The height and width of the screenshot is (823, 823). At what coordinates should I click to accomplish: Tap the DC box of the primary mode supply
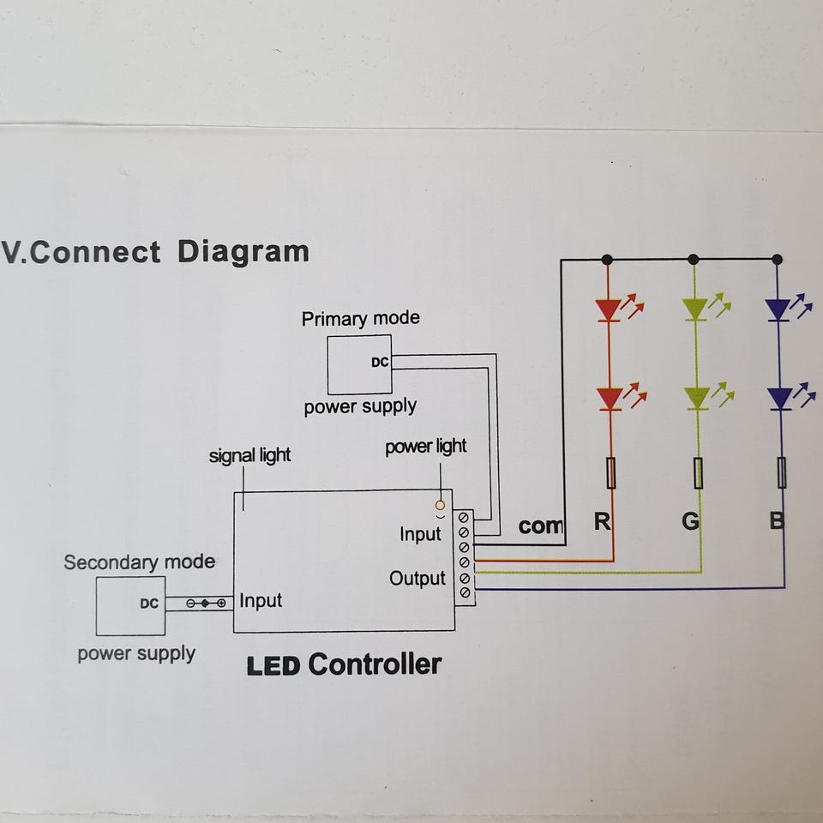point(359,363)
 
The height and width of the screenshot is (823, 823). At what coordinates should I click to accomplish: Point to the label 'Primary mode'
point(360,319)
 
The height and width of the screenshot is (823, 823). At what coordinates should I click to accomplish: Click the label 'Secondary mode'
point(139,562)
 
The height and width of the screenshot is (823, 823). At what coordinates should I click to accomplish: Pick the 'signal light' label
point(249,455)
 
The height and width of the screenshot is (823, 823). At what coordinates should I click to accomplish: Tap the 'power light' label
point(425,447)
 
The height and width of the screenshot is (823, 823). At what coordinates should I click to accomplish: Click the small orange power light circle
point(441,506)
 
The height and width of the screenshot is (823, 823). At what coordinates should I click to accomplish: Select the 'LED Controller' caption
point(344,664)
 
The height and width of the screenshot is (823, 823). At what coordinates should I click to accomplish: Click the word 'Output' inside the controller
point(418,579)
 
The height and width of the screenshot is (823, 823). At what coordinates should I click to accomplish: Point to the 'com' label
point(540,526)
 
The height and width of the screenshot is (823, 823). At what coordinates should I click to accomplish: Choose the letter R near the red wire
point(602,521)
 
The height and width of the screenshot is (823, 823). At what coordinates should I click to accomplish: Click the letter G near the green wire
point(690,521)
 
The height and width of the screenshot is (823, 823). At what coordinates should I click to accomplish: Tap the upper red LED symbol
point(610,309)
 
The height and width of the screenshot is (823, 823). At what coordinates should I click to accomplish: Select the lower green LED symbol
point(697,398)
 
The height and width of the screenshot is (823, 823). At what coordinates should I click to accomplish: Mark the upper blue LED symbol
point(779,309)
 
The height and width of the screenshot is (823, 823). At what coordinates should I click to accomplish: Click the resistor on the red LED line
point(610,472)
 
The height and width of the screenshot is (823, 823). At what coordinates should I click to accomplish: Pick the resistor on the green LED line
point(699,472)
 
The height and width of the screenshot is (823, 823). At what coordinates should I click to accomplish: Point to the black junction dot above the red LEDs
point(607,259)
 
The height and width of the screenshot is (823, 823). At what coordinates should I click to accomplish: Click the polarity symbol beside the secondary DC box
point(207,604)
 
